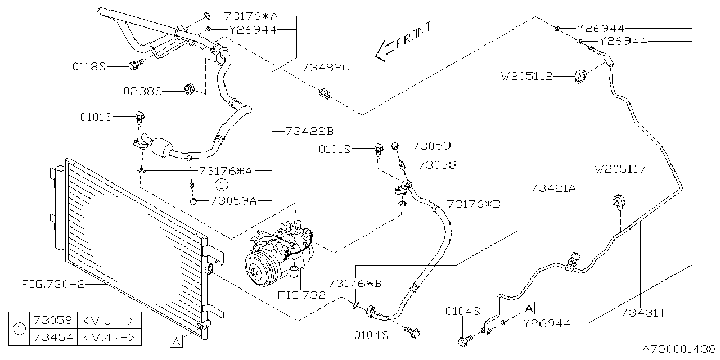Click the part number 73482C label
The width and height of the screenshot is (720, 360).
(x=326, y=68)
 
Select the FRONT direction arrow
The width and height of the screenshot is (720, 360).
(x=386, y=49)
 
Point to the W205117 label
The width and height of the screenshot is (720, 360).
(x=620, y=168)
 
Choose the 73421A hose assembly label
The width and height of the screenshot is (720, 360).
(x=553, y=189)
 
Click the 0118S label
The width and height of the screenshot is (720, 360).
(x=89, y=66)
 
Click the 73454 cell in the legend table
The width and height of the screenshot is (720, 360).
(x=53, y=337)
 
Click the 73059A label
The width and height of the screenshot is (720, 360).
(x=233, y=200)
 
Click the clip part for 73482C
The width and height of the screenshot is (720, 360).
(x=324, y=93)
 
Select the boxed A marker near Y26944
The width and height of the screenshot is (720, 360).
(x=529, y=307)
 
